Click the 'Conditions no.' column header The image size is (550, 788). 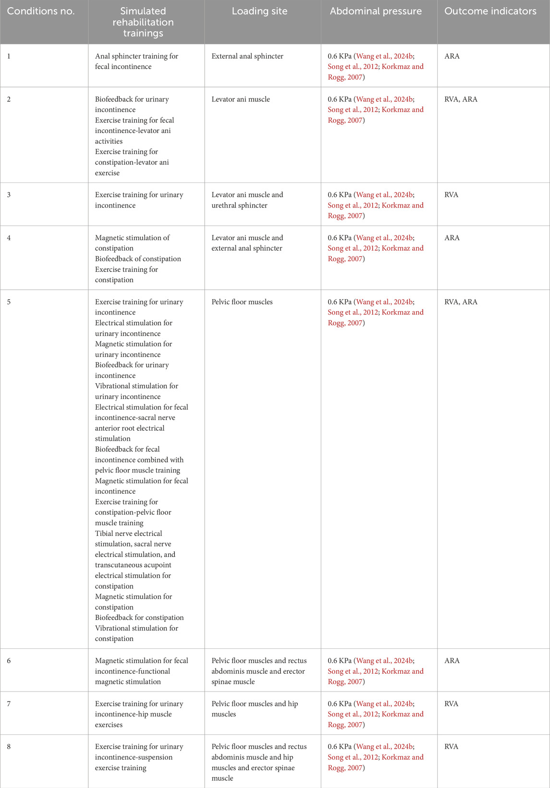[41, 12]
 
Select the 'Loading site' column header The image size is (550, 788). [259, 12]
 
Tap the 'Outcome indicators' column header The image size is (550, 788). [490, 12]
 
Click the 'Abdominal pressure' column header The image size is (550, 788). [376, 12]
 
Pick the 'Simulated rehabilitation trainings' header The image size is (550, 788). [143, 22]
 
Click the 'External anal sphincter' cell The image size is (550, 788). [247, 56]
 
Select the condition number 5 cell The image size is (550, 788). [9, 302]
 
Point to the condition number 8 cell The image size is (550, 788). [9, 747]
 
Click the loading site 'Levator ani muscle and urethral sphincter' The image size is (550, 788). [247, 200]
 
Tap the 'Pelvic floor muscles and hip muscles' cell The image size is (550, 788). [255, 709]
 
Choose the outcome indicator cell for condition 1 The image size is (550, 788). [452, 56]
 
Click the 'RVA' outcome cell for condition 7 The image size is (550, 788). [452, 704]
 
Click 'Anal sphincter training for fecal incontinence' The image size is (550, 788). [136, 61]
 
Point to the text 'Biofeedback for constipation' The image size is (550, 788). [139, 618]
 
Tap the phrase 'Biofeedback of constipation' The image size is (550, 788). [138, 259]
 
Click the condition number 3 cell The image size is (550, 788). [9, 195]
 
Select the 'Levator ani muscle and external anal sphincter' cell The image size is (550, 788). [247, 243]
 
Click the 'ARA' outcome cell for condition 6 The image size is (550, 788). [452, 661]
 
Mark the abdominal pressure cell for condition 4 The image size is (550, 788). [376, 248]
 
